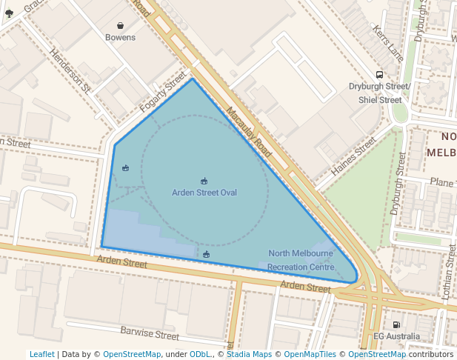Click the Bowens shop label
click(120, 37)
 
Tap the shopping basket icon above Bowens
click(120, 25)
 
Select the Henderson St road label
click(70, 71)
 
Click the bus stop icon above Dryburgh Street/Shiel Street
click(379, 74)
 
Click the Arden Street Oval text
click(204, 193)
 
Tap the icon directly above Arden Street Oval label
click(204, 181)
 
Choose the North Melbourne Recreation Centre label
click(301, 260)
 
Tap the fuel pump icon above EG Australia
click(396, 324)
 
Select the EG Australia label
click(396, 337)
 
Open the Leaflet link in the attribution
click(41, 355)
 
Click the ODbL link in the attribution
click(199, 355)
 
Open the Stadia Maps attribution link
click(249, 355)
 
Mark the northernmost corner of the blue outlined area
click(193, 79)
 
